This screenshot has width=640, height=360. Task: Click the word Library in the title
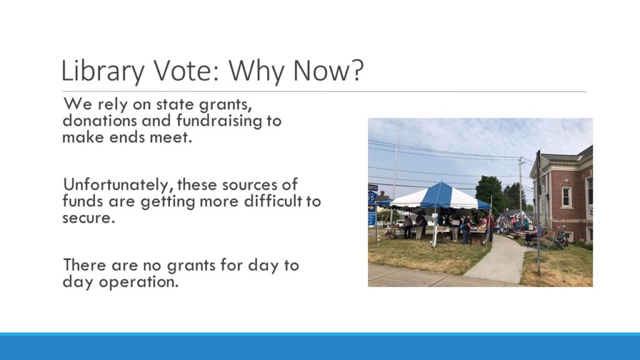102,71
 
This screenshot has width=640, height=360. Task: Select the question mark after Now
356,70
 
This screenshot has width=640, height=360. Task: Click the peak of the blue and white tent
441,182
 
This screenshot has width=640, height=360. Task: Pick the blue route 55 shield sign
372,197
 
